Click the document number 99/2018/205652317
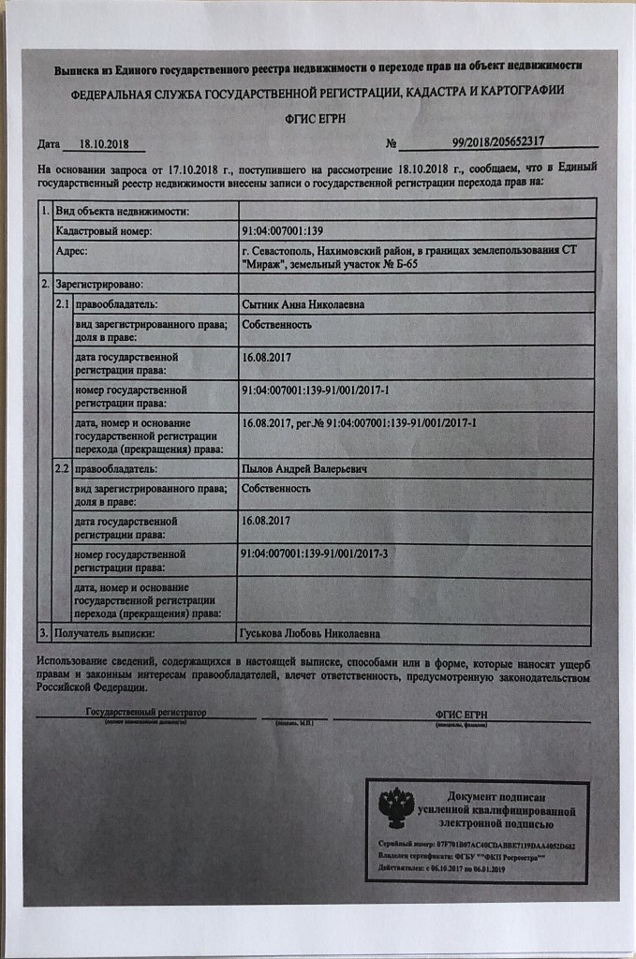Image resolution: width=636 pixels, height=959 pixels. (x=497, y=141)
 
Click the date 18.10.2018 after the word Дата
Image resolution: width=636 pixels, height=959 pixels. (x=104, y=145)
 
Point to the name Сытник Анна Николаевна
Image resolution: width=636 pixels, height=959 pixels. (x=303, y=304)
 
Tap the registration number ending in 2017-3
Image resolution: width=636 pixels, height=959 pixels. (x=314, y=554)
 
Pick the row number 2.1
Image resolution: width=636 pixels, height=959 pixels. (x=63, y=304)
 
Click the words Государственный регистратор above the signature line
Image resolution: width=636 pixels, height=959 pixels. (x=145, y=714)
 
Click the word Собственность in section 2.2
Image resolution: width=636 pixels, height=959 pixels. (x=276, y=489)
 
